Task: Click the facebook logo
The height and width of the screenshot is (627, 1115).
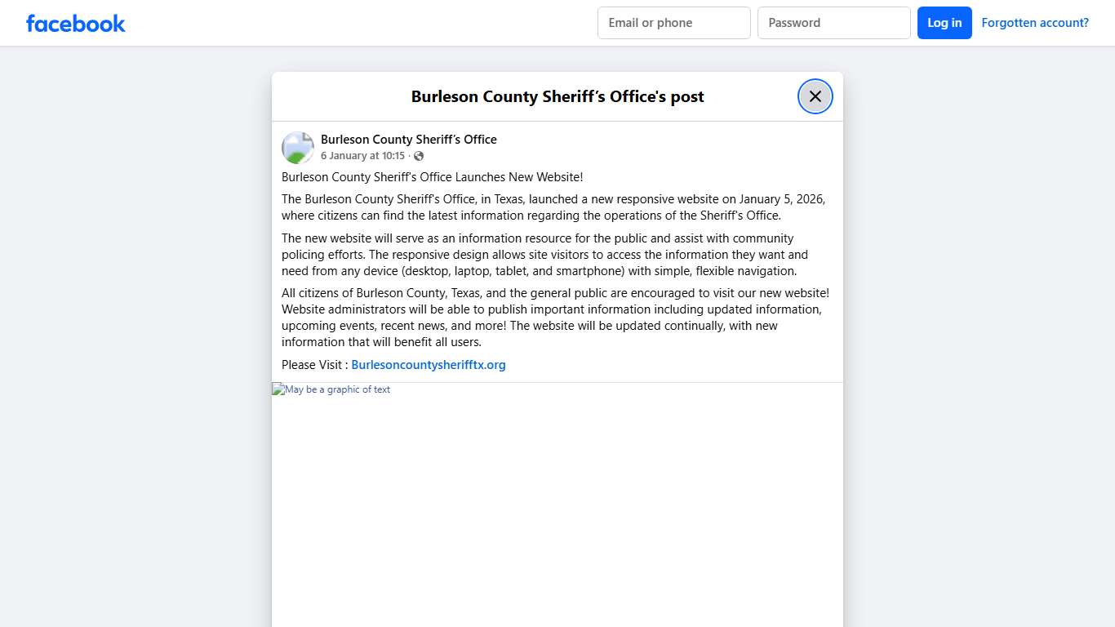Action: pyautogui.click(x=76, y=23)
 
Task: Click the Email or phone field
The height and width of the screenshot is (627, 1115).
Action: pyautogui.click(x=673, y=23)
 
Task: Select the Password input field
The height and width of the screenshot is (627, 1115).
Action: pyautogui.click(x=833, y=23)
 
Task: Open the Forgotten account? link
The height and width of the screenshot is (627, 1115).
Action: pyautogui.click(x=1034, y=23)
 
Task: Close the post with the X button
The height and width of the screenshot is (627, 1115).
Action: pyautogui.click(x=815, y=96)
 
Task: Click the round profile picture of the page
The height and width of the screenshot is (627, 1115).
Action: pyautogui.click(x=298, y=148)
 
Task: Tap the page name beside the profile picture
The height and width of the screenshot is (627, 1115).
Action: pyautogui.click(x=408, y=140)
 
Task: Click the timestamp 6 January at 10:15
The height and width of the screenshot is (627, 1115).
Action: pyautogui.click(x=362, y=156)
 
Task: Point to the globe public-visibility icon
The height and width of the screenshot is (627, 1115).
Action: pyautogui.click(x=419, y=156)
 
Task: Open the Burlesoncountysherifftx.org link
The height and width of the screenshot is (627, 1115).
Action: pyautogui.click(x=428, y=365)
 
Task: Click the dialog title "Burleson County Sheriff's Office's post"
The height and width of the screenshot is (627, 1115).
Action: pyautogui.click(x=557, y=96)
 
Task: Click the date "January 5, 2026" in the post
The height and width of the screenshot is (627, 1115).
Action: pyautogui.click(x=782, y=199)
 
